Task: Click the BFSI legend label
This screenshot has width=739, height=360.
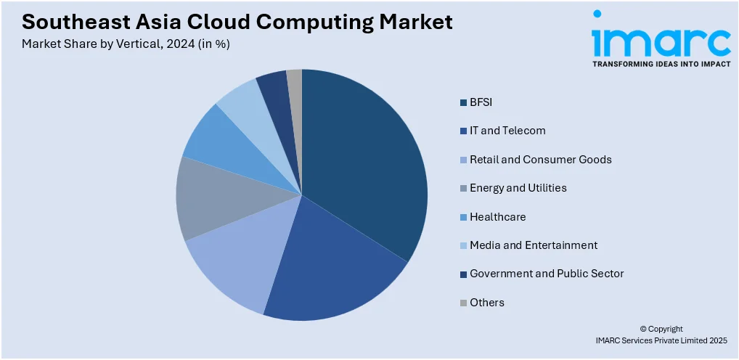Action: tap(481, 102)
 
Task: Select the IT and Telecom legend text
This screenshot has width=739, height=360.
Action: tap(507, 131)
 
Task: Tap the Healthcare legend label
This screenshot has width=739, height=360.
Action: tap(497, 216)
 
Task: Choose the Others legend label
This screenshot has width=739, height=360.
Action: tap(486, 302)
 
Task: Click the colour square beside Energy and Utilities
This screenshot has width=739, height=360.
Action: tap(463, 188)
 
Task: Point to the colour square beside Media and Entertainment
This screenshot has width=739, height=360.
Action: tap(463, 245)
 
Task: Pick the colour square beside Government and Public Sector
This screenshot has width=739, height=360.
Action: tap(463, 274)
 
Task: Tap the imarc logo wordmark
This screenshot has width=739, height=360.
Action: tap(661, 42)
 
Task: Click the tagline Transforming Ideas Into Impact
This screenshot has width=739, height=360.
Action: tap(661, 65)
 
